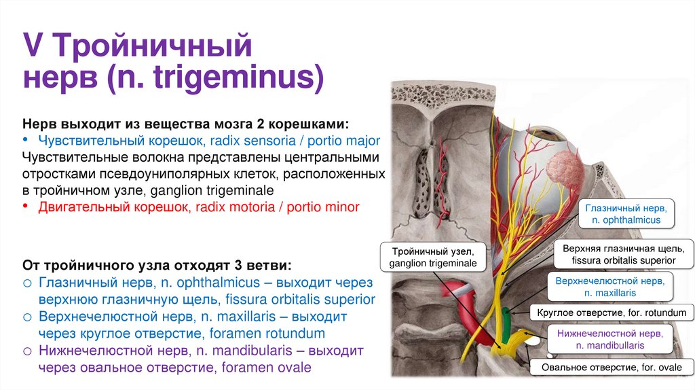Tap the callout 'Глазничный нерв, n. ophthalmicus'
(x=625, y=213)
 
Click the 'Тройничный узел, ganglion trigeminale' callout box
(x=433, y=257)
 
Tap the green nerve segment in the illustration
(x=506, y=318)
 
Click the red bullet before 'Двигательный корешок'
(x=26, y=206)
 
